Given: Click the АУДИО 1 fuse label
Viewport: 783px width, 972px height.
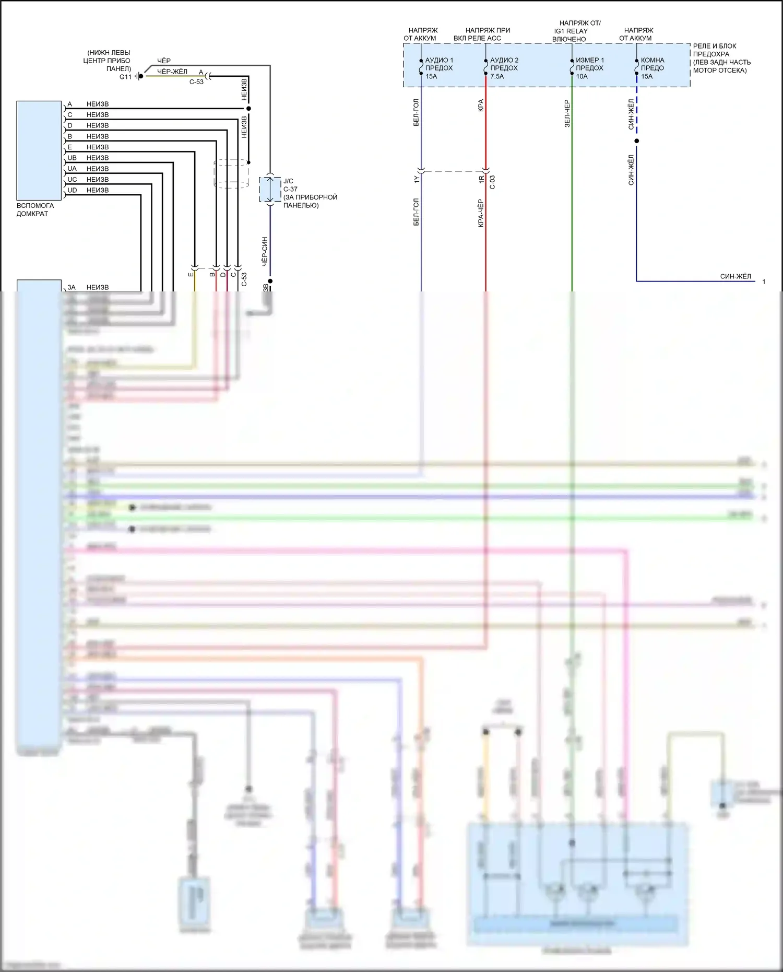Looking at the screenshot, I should point(438,68).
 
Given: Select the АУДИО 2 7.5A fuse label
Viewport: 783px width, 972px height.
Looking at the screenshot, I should point(504,68).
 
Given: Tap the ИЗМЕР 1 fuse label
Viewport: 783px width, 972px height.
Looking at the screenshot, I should point(589,68).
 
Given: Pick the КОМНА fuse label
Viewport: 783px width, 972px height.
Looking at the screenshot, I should point(652,68).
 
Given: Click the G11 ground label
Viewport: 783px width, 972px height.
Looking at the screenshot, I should point(125,77).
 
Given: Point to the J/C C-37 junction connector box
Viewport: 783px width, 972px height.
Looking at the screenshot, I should point(270,189).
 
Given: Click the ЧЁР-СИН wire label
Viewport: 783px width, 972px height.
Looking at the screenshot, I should point(265,251).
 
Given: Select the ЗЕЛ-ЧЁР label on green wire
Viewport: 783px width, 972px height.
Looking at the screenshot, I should point(567,113).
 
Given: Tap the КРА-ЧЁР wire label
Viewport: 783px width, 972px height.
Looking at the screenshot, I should point(481,213).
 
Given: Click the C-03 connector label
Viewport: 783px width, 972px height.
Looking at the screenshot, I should point(492,182).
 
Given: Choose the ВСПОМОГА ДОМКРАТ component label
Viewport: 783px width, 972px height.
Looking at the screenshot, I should point(35,209).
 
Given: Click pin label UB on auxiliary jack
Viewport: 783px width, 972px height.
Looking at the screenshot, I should point(72,158).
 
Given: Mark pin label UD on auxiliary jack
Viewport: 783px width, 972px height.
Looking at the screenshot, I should point(72,190).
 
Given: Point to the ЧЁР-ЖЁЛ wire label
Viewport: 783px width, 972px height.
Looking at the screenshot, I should point(172,72).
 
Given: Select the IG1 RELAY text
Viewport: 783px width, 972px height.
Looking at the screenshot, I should point(571,31).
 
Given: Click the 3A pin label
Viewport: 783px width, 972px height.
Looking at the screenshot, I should point(72,287).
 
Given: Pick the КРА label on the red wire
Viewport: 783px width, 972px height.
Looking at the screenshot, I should point(481,105).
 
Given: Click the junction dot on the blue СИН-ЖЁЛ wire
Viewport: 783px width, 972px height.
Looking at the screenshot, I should point(636,141).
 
